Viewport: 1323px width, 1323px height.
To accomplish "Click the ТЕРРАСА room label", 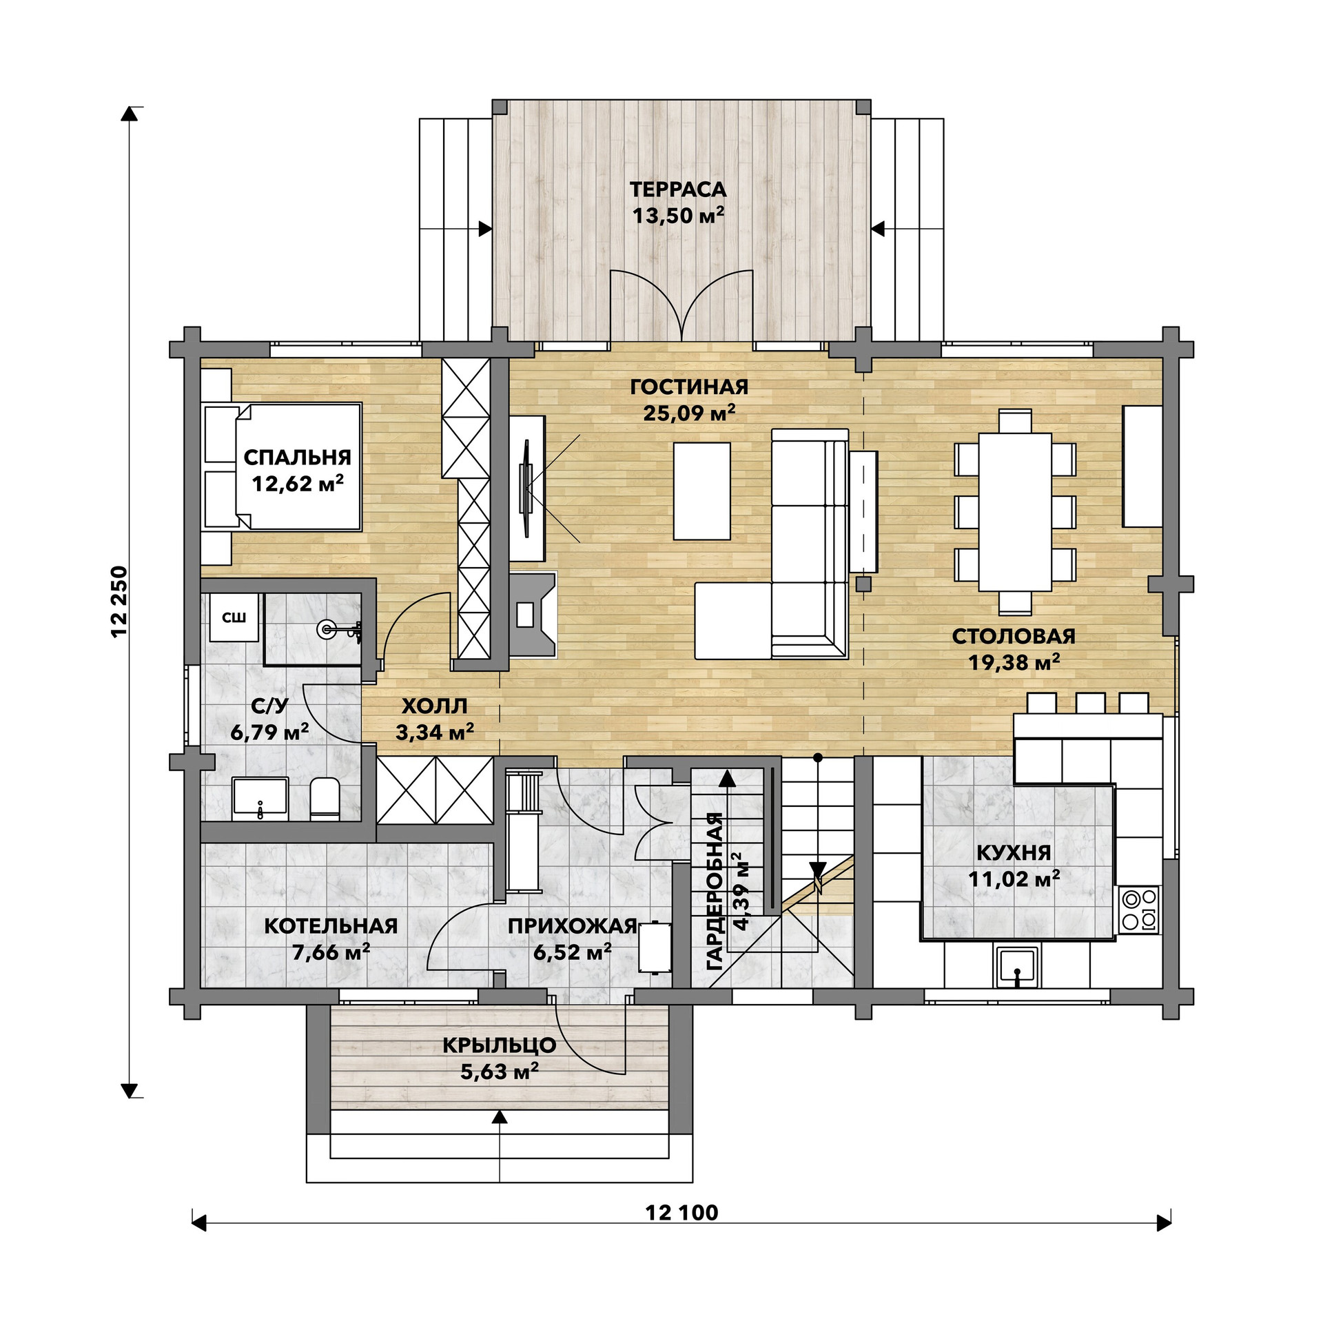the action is coord(678,189).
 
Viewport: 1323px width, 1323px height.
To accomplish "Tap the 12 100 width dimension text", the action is coord(681,1231).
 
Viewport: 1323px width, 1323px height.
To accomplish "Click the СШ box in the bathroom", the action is coord(234,617).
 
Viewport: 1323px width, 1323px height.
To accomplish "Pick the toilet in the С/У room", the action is coord(325,799).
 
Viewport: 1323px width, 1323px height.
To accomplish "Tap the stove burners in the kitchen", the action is coord(1140,910).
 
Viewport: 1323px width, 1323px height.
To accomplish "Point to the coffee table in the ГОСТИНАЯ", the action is coord(701,491).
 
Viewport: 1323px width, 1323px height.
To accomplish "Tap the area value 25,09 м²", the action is coord(689,413).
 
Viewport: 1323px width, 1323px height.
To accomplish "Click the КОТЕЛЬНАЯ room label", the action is coord(331,925).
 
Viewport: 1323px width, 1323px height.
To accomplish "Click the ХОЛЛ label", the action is coord(434,706).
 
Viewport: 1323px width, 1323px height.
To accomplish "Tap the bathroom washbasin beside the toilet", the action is coord(260,799).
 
